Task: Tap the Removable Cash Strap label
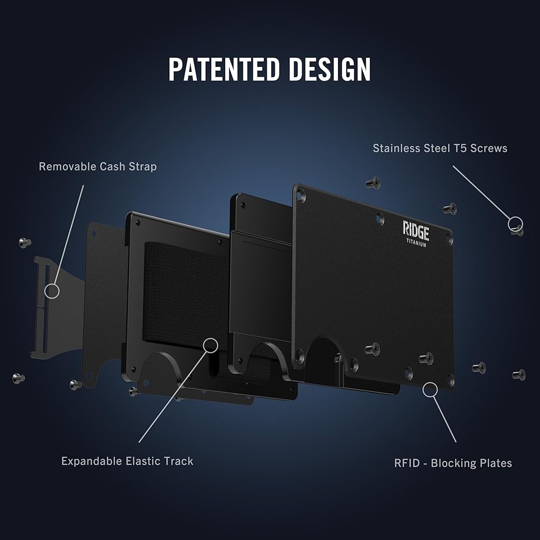click(x=98, y=166)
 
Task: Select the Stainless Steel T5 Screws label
click(x=440, y=148)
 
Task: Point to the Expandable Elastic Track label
click(x=127, y=461)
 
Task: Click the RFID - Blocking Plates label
click(x=453, y=463)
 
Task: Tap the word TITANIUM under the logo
click(x=416, y=244)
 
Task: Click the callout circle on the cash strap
click(x=52, y=291)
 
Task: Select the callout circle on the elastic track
click(x=211, y=345)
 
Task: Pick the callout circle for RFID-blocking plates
click(x=430, y=390)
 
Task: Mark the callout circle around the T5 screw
click(x=515, y=224)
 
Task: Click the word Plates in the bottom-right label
click(x=495, y=463)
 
